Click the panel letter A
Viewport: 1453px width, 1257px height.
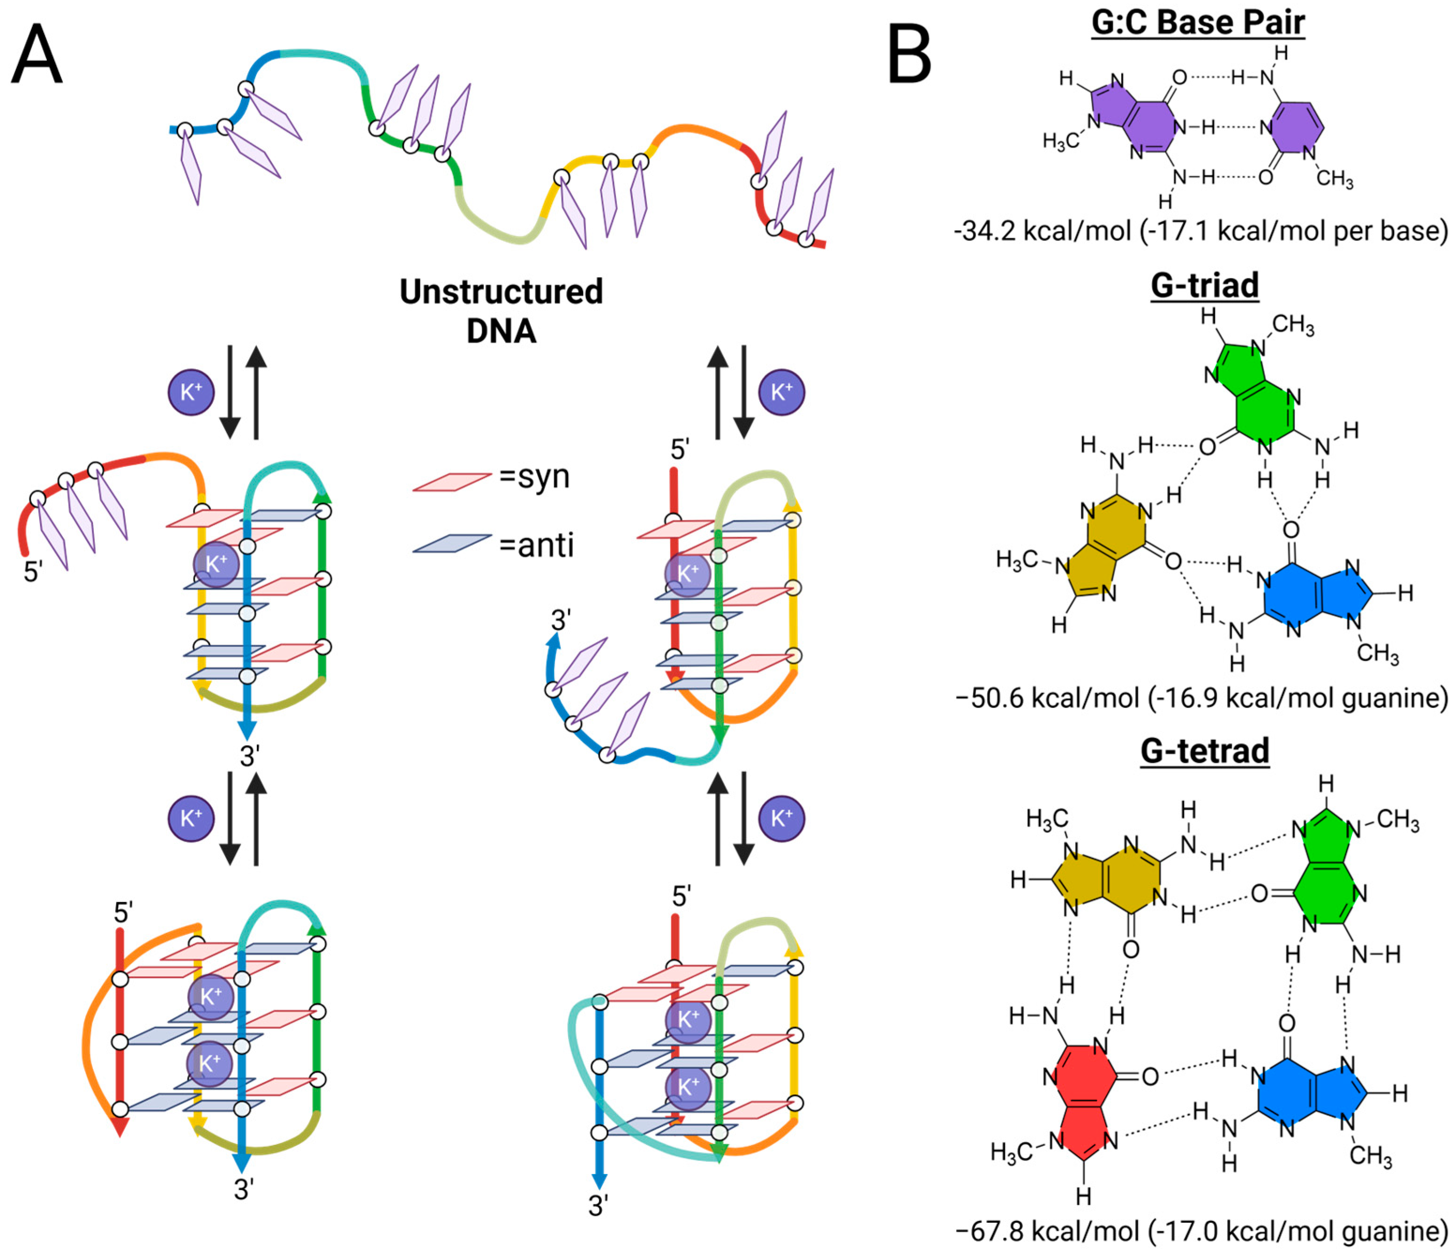(x=37, y=55)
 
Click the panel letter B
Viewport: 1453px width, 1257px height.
(x=909, y=55)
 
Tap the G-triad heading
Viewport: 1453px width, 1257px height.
(x=1204, y=286)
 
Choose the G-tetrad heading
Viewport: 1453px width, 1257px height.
(x=1204, y=751)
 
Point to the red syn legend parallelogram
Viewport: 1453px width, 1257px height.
(x=452, y=482)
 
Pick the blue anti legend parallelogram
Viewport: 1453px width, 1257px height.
(x=452, y=543)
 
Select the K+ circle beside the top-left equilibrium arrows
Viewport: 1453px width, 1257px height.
(x=191, y=392)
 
